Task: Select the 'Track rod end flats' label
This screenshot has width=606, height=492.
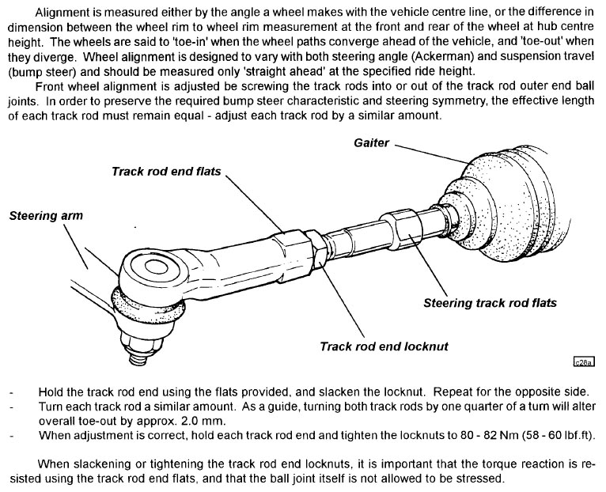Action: (167, 171)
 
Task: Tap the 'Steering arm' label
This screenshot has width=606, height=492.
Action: (46, 214)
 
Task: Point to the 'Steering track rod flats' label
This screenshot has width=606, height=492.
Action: (490, 302)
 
